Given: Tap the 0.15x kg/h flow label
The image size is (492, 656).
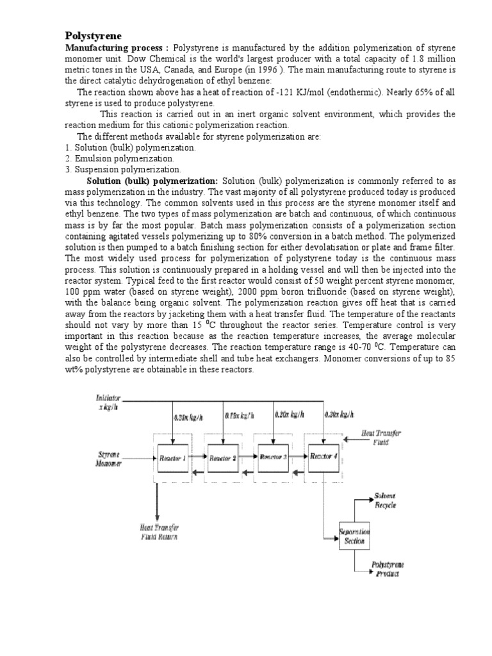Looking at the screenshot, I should click(240, 415).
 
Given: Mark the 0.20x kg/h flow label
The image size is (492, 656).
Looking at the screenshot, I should click(289, 414).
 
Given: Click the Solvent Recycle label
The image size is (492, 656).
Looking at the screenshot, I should click(386, 501).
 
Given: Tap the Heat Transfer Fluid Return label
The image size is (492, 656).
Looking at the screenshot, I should click(160, 532).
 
